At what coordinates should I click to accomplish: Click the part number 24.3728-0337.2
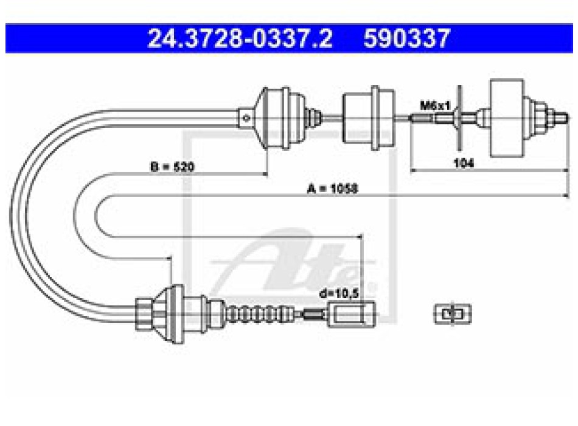point(240,38)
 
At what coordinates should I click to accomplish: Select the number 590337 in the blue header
point(406,38)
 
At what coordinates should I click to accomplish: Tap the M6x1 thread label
point(435,106)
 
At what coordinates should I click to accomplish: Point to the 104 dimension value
point(464,162)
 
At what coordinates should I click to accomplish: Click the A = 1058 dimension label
point(332,189)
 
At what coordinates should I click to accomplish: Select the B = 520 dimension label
point(172,167)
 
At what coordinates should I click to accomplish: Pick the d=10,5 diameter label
point(339,293)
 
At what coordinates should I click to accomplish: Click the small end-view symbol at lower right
point(453,314)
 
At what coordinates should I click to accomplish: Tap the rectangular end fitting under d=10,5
point(351,314)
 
